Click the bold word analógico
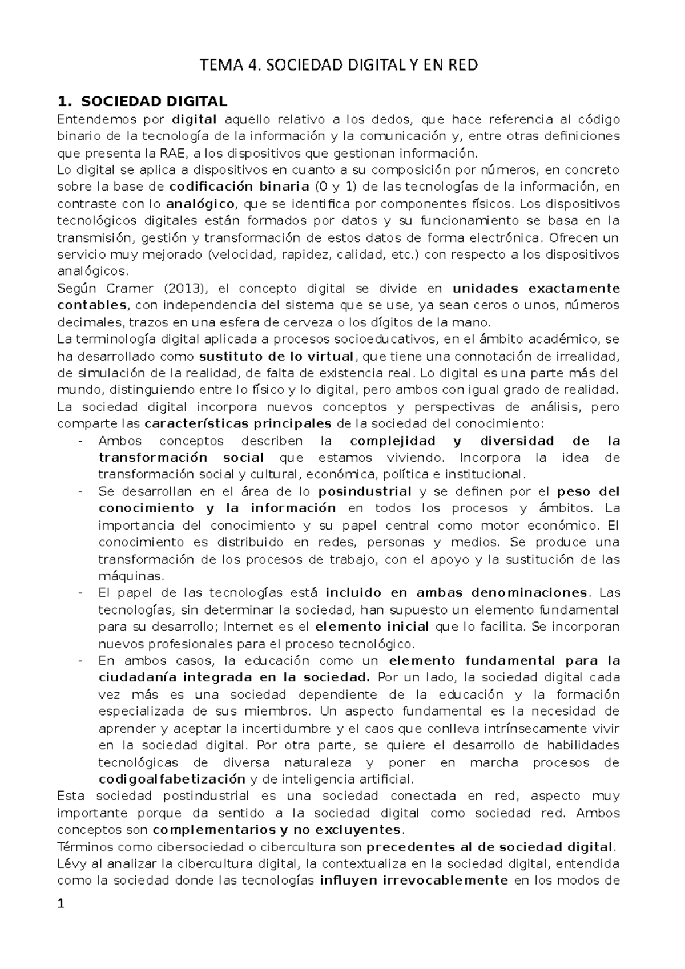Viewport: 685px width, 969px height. (200, 204)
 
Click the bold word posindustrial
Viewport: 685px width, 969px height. (365, 491)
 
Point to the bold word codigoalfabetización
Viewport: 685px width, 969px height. (172, 779)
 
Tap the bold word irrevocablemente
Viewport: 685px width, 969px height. (414, 880)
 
